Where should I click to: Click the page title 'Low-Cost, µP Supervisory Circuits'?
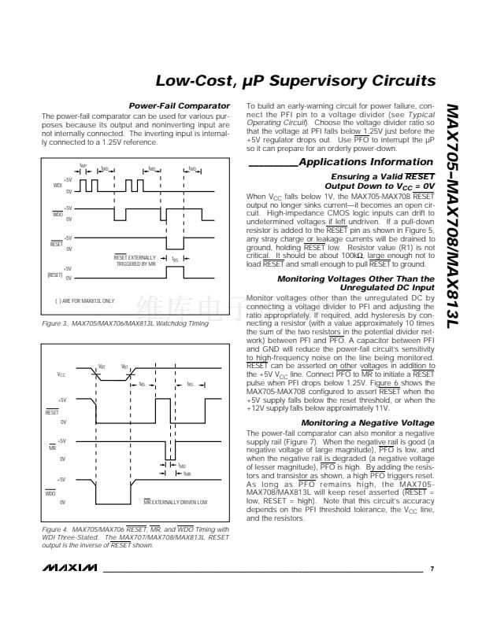(x=295, y=81)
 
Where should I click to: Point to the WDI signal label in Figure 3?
(x=56, y=186)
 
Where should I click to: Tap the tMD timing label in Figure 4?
(x=182, y=466)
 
